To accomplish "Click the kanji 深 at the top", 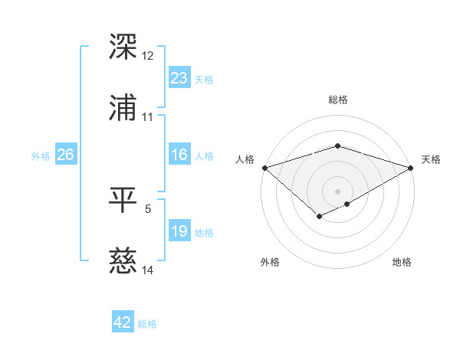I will pos(123,47).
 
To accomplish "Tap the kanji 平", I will pos(123,201).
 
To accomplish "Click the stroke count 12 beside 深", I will pos(148,56).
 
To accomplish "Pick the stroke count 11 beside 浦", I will pos(148,117).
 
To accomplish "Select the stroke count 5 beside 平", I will pos(148,208).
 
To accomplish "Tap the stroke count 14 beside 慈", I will pos(148,270).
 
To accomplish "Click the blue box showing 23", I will pos(179,78).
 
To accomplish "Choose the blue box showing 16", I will pos(179,155).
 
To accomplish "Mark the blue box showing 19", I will pos(179,231).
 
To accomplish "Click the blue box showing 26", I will pos(65,155).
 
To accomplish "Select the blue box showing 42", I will pos(123,322).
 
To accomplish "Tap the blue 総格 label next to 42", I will pos(147,324).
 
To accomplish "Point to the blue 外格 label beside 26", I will pos(41,156).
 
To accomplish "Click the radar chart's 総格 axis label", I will pos(337,100).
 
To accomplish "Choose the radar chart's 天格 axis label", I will pos(431,159).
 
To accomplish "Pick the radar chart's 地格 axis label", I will pos(402,262).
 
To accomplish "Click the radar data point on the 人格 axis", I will pos(264,167).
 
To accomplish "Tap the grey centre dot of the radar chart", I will pos(337,191).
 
